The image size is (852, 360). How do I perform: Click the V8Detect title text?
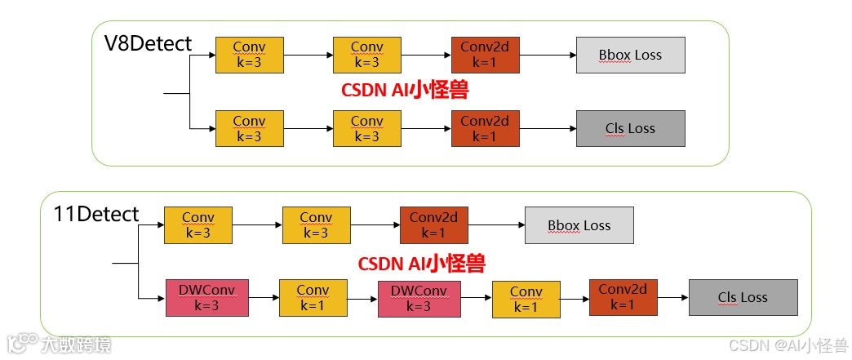click(148, 43)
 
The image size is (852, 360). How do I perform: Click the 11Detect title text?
click(96, 215)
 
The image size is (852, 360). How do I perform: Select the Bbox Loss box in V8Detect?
click(630, 56)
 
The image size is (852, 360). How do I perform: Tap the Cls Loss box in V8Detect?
click(630, 128)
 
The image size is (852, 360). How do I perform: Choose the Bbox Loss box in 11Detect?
click(579, 225)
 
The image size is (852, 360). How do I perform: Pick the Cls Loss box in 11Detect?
click(743, 298)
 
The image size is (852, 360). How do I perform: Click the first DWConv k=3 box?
click(202, 298)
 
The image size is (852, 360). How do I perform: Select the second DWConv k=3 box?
click(419, 298)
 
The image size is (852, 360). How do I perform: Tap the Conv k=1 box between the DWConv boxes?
click(313, 298)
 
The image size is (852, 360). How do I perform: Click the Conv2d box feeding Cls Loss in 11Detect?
click(623, 298)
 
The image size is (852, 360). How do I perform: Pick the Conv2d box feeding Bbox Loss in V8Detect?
click(485, 55)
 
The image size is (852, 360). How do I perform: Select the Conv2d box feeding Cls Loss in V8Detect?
click(485, 128)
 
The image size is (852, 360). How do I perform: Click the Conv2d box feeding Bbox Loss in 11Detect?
click(433, 225)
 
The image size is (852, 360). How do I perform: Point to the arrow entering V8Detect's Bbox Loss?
click(548, 56)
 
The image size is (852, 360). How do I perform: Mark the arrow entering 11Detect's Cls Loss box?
click(672, 298)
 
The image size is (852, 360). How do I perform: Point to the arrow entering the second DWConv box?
click(362, 299)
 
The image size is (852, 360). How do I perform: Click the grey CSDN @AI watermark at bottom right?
click(788, 345)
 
